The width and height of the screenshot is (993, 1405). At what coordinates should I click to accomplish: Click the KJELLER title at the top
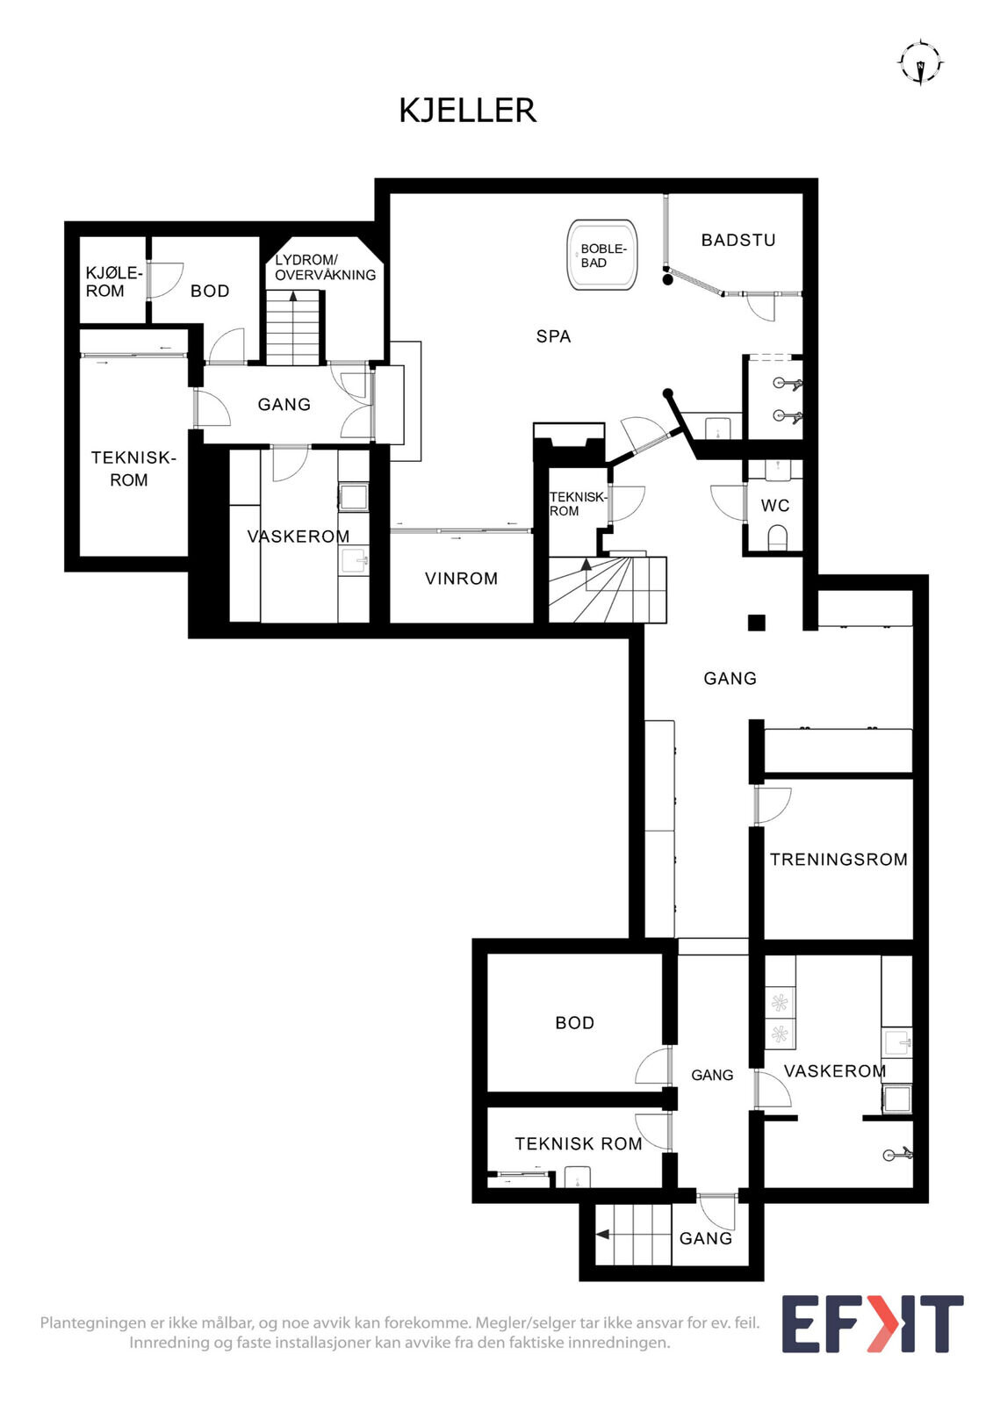(x=468, y=111)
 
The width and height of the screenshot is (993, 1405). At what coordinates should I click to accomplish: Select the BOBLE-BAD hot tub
(x=601, y=256)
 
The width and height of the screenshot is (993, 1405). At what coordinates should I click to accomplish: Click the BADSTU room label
(x=738, y=241)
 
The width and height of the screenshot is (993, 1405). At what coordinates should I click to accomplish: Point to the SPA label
(x=553, y=337)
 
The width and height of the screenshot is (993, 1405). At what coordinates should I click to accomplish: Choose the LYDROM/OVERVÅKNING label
(x=325, y=268)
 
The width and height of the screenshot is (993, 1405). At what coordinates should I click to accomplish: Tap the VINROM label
(x=461, y=579)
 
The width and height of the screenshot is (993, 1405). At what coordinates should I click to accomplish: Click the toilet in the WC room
(x=777, y=537)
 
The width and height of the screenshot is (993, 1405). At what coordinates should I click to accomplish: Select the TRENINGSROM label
(x=838, y=860)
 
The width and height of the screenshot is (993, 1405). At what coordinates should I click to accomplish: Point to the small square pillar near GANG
(x=757, y=623)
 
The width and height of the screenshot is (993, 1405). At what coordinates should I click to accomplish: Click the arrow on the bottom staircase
(x=603, y=1235)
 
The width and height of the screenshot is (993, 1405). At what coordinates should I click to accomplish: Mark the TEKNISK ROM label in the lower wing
(x=579, y=1144)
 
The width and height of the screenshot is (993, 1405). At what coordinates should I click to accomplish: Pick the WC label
(x=775, y=506)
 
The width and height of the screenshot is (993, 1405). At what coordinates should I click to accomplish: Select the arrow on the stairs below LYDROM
(x=292, y=298)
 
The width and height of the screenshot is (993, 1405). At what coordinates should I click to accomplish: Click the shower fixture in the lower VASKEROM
(x=897, y=1153)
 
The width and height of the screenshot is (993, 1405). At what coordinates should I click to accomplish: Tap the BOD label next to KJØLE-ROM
(x=210, y=291)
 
